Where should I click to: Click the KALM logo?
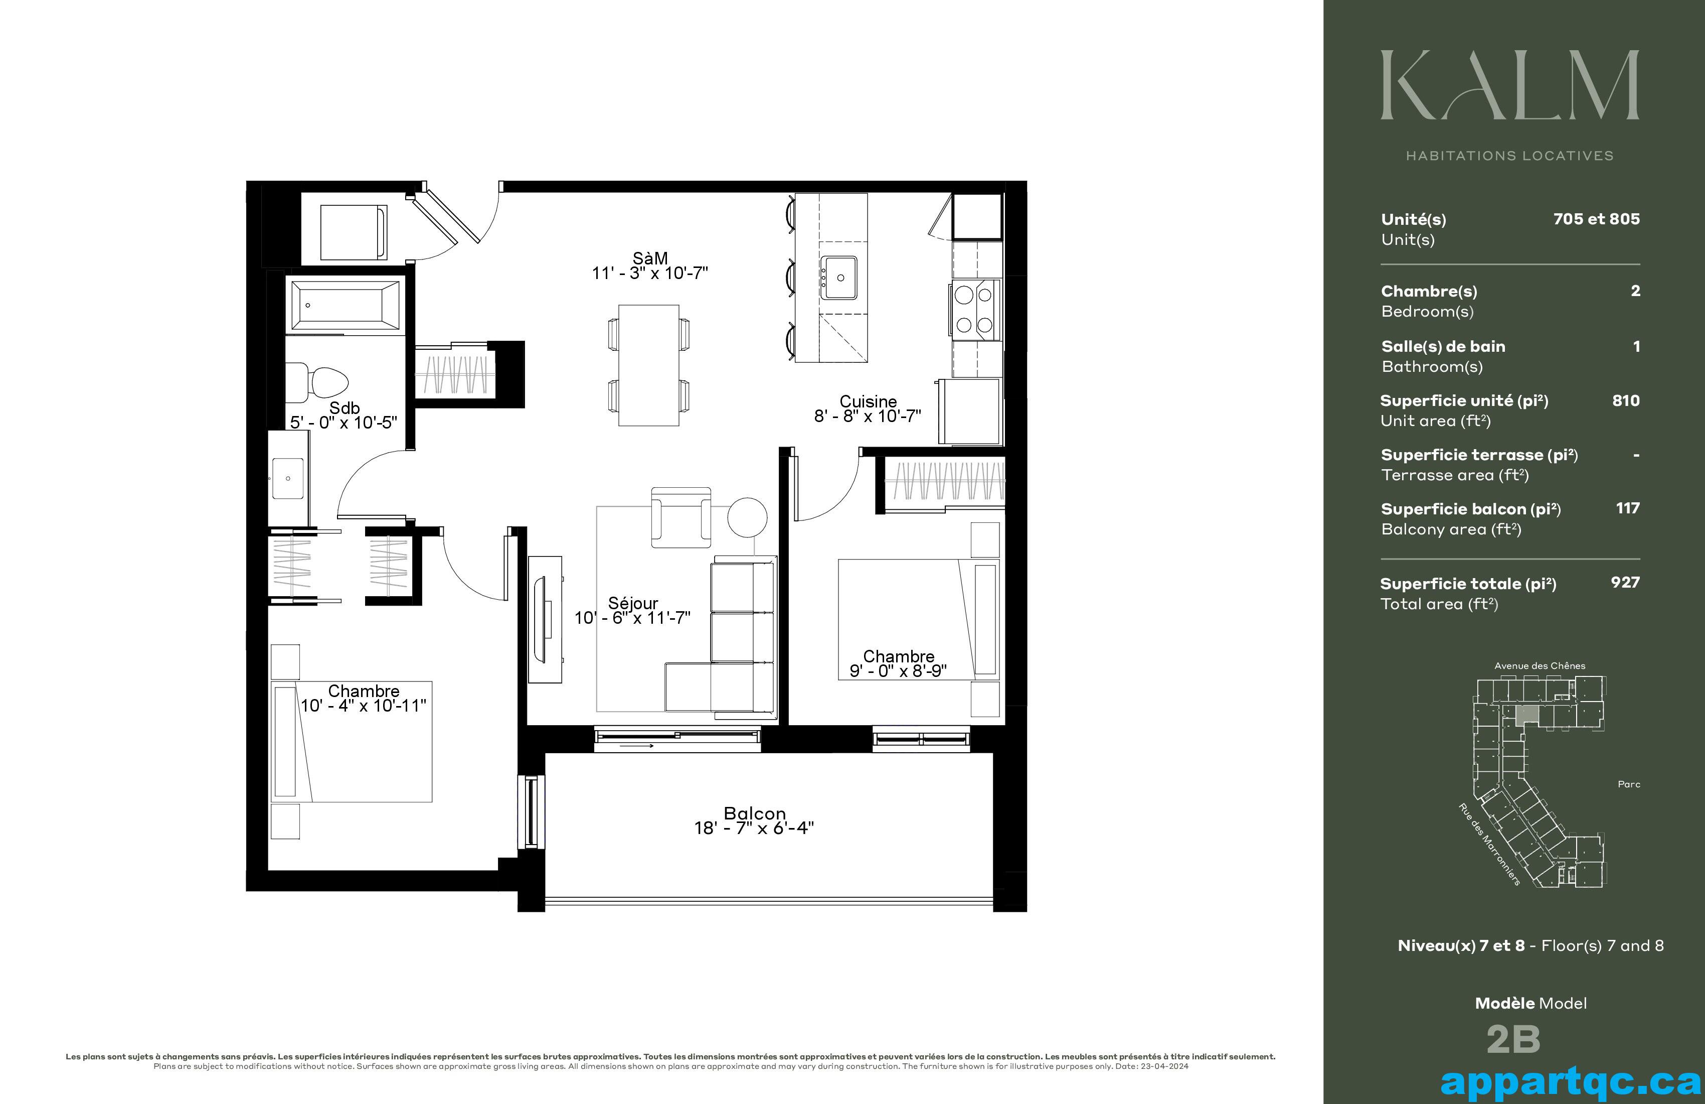tap(1510, 85)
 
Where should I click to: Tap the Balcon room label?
tap(754, 813)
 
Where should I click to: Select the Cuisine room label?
tap(868, 401)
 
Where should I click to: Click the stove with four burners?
tap(975, 310)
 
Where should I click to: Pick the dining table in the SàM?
tap(649, 366)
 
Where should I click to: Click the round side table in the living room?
tap(747, 517)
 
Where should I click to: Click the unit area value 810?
tap(1625, 401)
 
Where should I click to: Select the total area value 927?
tap(1625, 582)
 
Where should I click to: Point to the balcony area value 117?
tap(1628, 508)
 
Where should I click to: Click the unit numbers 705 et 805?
tap(1596, 219)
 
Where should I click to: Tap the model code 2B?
tap(1513, 1039)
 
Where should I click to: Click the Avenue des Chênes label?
tap(1540, 666)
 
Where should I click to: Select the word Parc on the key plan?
tap(1628, 784)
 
